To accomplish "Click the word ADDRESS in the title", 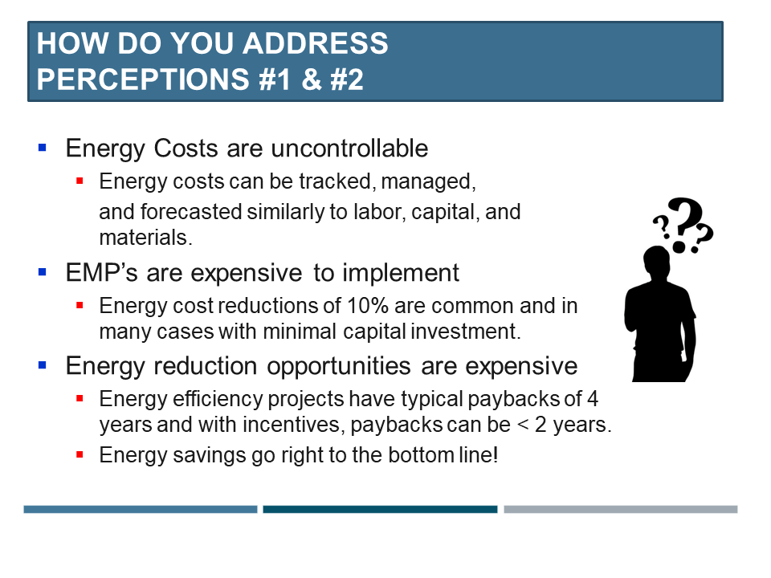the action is [315, 43].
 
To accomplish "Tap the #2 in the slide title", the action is [347, 79].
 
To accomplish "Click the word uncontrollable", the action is [349, 148].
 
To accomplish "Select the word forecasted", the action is [191, 212].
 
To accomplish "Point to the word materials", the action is [145, 238].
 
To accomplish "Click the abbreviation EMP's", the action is [101, 272].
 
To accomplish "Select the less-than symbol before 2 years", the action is [522, 425].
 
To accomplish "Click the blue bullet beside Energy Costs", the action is [43, 147].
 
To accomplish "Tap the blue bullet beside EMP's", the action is [43, 271].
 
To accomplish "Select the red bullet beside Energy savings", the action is [80, 454].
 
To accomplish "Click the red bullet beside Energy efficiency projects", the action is [80, 399].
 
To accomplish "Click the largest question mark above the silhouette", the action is [686, 224].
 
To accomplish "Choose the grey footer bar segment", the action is [621, 509].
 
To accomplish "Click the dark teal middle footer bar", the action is [380, 509].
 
